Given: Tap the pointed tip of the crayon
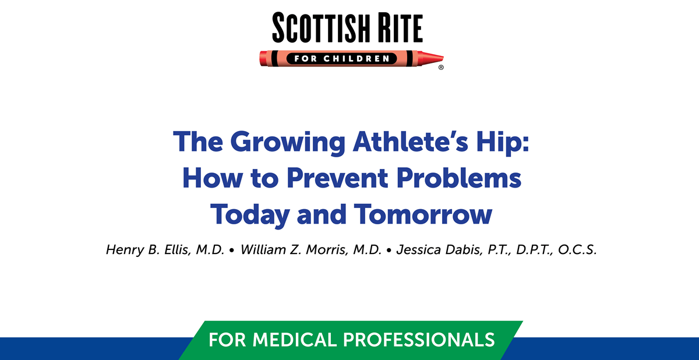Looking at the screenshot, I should pos(440,58).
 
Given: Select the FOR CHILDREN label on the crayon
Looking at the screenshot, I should pos(349,58).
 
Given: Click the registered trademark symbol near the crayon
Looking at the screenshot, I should pos(441,68).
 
